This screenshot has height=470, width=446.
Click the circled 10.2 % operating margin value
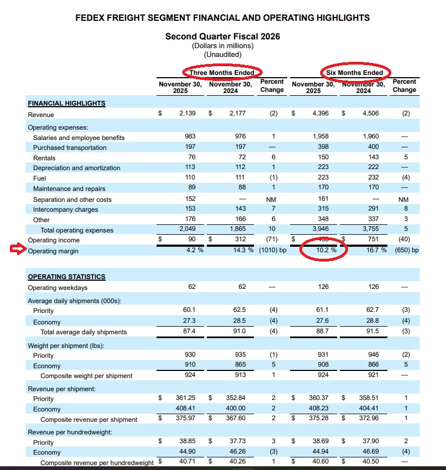pos(324,251)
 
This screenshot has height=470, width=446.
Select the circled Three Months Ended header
pos(222,73)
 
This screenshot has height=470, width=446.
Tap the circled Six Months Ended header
pos(354,73)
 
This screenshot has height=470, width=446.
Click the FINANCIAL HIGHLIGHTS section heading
pos(66,103)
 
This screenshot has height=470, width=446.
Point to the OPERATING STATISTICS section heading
pos(66,277)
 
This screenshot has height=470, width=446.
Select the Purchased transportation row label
pos(69,148)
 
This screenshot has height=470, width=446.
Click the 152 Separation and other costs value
pos(191,200)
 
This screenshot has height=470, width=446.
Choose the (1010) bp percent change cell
pos(273,251)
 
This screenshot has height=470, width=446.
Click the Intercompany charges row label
pos(66,210)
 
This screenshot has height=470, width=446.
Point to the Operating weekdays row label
pos(57,288)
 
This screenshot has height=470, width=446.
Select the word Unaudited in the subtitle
pos(222,54)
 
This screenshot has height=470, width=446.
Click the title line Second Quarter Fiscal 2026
pos(222,37)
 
